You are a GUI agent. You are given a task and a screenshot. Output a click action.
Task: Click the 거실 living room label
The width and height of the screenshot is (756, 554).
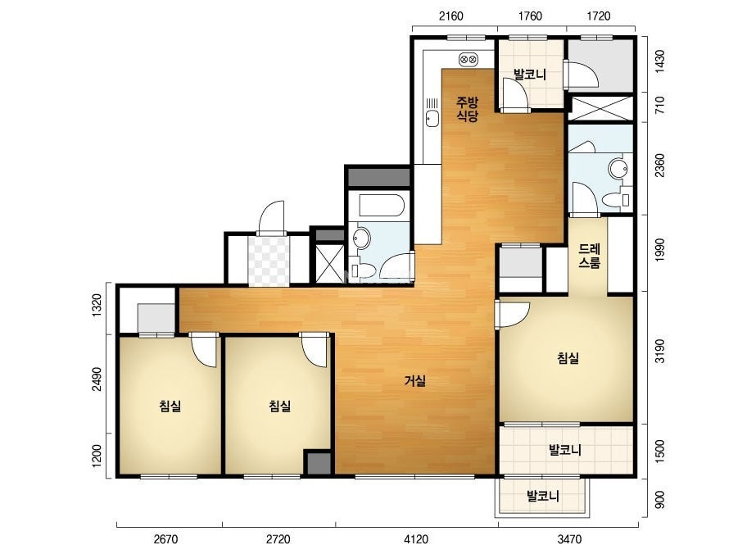(x=414, y=381)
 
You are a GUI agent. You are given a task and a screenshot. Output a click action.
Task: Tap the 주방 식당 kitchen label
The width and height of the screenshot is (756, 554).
(x=467, y=108)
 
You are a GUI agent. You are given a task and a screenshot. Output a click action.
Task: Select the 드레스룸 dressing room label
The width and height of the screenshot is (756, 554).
(x=589, y=257)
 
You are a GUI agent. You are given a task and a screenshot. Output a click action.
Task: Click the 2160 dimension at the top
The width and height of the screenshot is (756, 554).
(x=450, y=16)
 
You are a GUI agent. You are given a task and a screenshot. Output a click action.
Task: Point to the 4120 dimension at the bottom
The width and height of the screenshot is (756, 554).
(x=415, y=538)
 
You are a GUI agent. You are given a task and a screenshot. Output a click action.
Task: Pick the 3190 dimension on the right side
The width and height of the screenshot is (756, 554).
(x=659, y=351)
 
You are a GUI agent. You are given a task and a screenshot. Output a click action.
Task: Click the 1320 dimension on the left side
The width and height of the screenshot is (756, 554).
(x=97, y=305)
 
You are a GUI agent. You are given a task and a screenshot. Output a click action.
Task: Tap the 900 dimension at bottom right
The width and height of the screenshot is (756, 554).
(x=659, y=499)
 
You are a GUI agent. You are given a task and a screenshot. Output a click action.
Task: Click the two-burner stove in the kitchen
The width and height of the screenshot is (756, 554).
(x=469, y=59)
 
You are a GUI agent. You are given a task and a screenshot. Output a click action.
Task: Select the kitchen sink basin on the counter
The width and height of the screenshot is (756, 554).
(x=432, y=118)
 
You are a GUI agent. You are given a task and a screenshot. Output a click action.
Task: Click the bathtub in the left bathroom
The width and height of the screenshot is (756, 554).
(x=381, y=206)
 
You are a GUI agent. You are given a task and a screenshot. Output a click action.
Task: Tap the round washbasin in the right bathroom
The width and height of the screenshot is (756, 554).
(x=618, y=169)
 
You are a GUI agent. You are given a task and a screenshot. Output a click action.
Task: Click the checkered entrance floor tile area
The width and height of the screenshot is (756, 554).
(x=269, y=261)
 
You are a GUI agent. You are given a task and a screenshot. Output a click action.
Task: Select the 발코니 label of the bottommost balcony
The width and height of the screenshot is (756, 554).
(x=542, y=496)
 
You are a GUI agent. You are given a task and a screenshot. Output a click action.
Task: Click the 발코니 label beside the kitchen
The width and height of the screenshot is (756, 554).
(x=529, y=75)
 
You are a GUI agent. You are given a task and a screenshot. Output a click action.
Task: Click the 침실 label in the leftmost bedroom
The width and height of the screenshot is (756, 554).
(x=170, y=406)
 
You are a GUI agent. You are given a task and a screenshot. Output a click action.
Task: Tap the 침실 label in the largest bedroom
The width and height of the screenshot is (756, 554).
(x=568, y=358)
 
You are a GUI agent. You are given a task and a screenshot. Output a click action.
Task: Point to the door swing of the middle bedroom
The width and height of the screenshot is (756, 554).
(x=315, y=350)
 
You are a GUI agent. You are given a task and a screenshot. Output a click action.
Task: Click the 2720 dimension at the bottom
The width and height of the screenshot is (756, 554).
(x=278, y=538)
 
